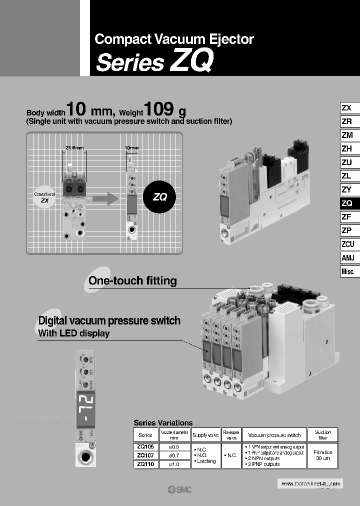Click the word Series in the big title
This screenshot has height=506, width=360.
click(x=129, y=62)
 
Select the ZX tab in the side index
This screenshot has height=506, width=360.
click(x=346, y=108)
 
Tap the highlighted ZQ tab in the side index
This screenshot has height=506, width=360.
click(x=346, y=203)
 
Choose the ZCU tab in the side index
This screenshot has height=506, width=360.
click(x=347, y=244)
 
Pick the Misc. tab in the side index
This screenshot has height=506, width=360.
click(x=347, y=271)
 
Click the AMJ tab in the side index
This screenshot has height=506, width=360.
click(x=347, y=257)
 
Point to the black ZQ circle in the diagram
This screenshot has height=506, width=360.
click(x=159, y=196)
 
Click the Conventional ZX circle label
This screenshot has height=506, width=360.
click(x=44, y=196)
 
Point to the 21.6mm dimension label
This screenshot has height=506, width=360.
click(x=74, y=147)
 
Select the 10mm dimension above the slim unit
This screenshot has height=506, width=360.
click(x=131, y=148)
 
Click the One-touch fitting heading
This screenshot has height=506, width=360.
click(x=132, y=280)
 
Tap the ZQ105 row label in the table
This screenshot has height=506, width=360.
click(x=145, y=446)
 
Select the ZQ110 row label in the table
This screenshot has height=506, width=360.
click(x=145, y=464)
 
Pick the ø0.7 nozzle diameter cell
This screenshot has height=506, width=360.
click(x=173, y=455)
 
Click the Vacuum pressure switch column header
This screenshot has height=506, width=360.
click(x=274, y=435)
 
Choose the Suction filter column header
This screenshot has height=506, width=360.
click(x=322, y=435)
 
